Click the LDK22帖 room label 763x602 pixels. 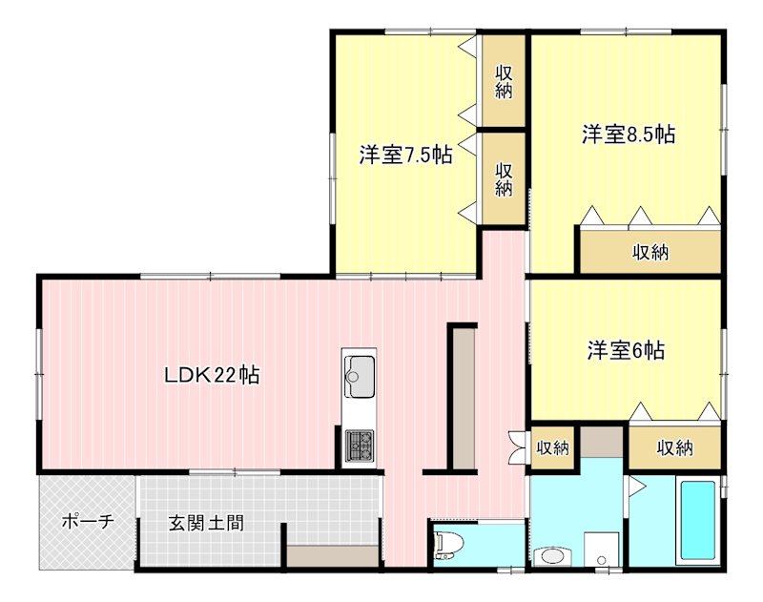(x=212, y=375)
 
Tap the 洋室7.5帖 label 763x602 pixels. (x=405, y=156)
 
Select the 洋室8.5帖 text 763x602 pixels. (x=629, y=135)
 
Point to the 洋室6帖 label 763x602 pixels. (x=626, y=350)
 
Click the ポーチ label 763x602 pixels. (x=87, y=522)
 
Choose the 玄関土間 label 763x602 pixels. (x=205, y=523)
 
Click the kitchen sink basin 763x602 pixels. (x=360, y=375)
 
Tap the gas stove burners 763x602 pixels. (x=360, y=444)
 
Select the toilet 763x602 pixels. (x=445, y=545)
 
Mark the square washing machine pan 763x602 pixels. (x=601, y=550)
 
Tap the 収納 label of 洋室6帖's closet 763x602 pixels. (x=674, y=446)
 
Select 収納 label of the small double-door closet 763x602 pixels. (x=553, y=446)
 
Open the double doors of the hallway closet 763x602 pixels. (x=517, y=446)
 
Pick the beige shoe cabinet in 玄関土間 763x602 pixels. (x=333, y=557)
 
